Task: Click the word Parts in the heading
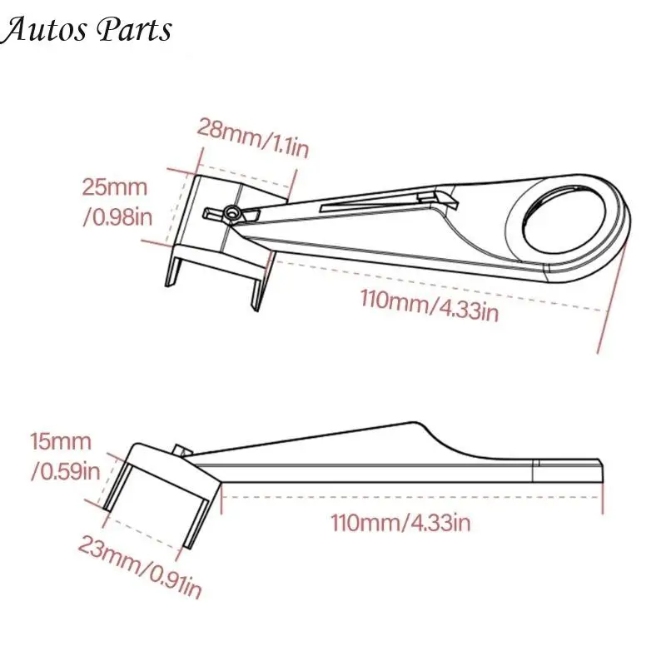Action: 135,30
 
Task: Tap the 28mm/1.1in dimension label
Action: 253,137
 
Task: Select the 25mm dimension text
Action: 115,187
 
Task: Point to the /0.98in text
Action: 117,217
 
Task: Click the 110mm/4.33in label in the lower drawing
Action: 400,523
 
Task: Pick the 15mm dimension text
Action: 61,442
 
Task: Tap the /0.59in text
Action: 66,471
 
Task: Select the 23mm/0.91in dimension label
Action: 140,566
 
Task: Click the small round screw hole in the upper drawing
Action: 231,211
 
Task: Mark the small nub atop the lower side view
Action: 181,450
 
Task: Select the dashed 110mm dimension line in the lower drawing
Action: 412,496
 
